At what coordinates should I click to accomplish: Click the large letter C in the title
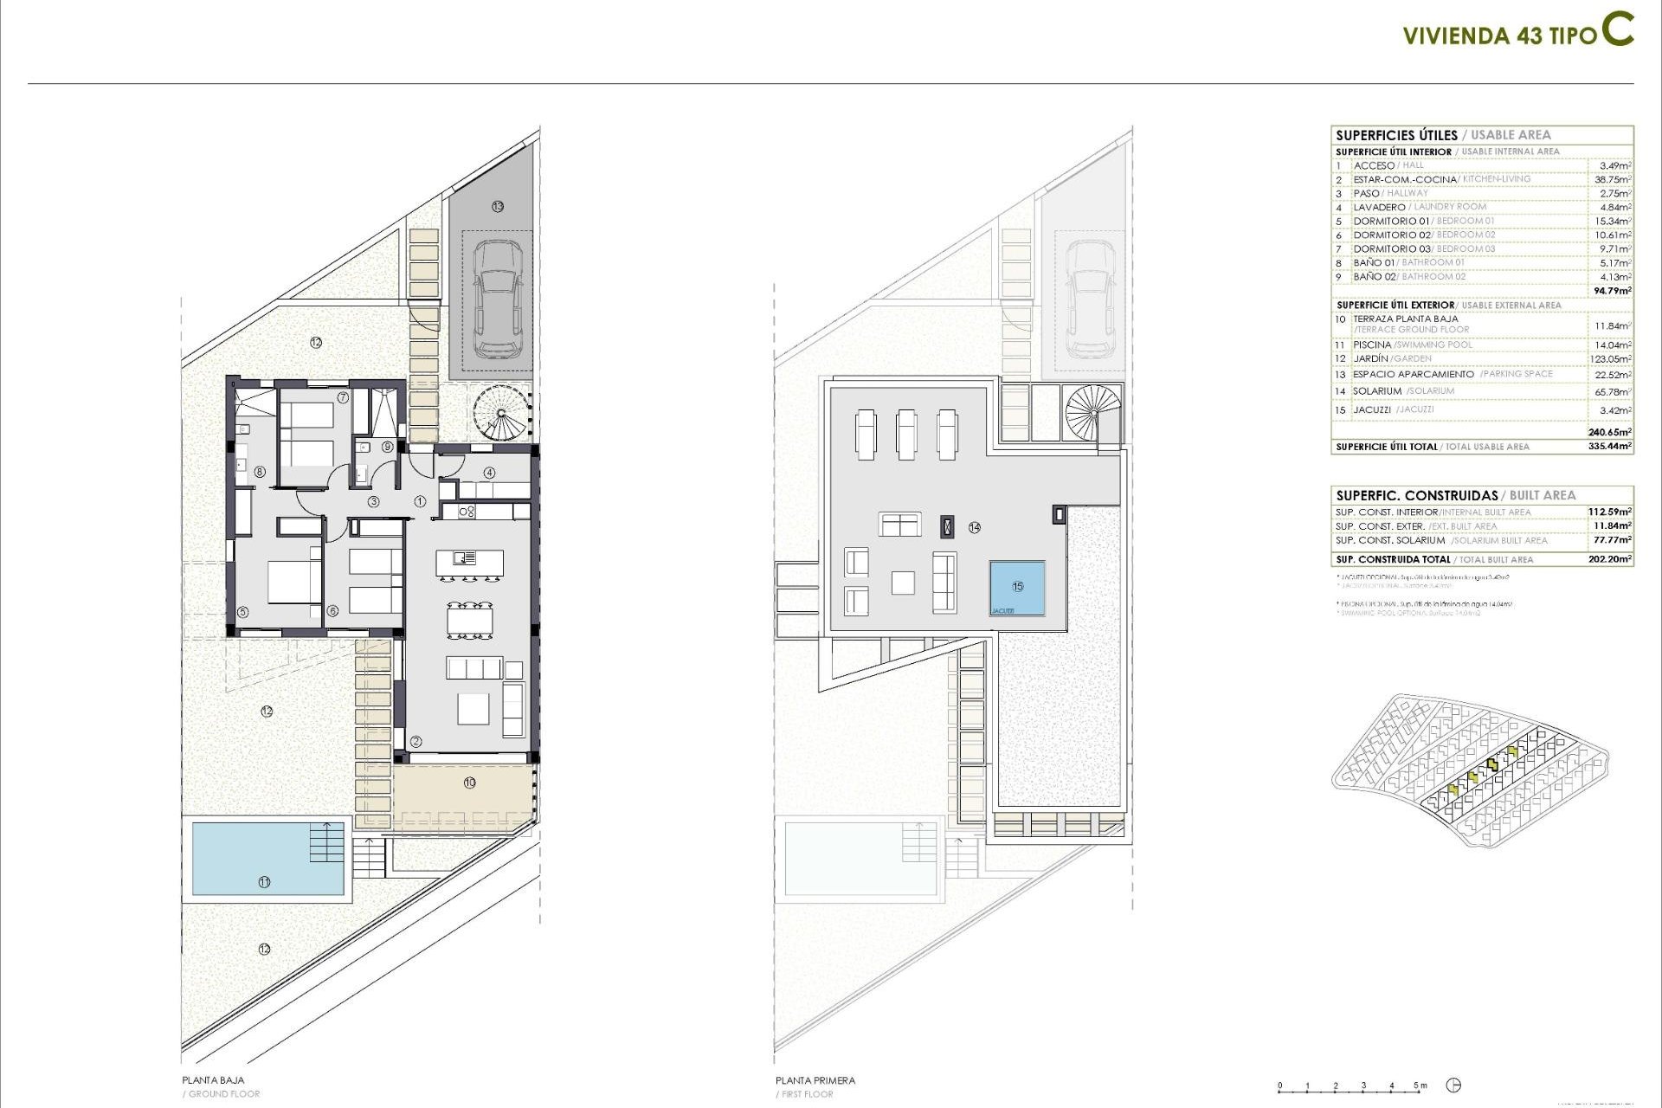[1616, 30]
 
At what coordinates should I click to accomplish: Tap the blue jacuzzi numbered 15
[1017, 587]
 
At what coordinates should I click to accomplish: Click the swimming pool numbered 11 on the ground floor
[264, 859]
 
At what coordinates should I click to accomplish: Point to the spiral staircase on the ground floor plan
[501, 413]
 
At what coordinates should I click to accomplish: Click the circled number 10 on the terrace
[469, 783]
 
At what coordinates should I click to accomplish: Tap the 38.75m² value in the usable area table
[1613, 179]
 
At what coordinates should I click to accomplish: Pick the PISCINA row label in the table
[1372, 345]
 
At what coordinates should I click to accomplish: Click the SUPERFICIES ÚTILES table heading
[1396, 135]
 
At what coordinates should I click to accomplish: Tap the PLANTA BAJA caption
[213, 1080]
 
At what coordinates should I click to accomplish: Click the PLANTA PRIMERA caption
[815, 1080]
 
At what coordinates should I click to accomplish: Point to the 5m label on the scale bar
[1420, 1085]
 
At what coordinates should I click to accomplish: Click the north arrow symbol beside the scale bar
[1454, 1085]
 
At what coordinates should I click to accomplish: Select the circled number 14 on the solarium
[974, 527]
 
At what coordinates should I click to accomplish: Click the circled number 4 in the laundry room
[489, 473]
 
